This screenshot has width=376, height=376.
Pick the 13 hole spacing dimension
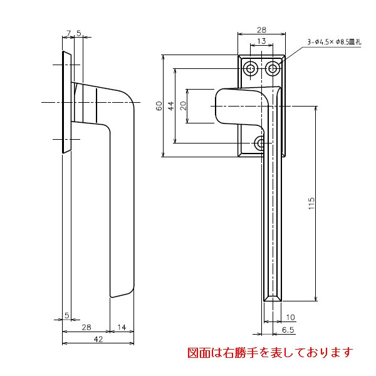(x=261, y=41)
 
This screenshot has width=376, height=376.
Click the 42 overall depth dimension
(x=98, y=338)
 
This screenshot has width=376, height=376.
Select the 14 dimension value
(x=122, y=327)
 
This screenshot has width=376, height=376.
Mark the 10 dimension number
(x=290, y=317)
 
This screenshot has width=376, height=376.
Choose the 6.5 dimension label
(x=288, y=329)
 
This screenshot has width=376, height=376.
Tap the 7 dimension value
(x=67, y=32)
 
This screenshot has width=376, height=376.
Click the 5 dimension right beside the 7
(x=78, y=32)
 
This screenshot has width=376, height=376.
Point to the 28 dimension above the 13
(x=261, y=29)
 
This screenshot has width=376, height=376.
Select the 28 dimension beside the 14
(x=86, y=327)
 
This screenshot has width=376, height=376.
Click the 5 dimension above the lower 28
(x=66, y=316)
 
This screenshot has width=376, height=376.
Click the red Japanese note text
(x=270, y=353)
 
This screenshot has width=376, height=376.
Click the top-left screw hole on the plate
(x=251, y=68)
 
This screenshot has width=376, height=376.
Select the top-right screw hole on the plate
(x=273, y=68)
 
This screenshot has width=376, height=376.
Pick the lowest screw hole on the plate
(x=262, y=144)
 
